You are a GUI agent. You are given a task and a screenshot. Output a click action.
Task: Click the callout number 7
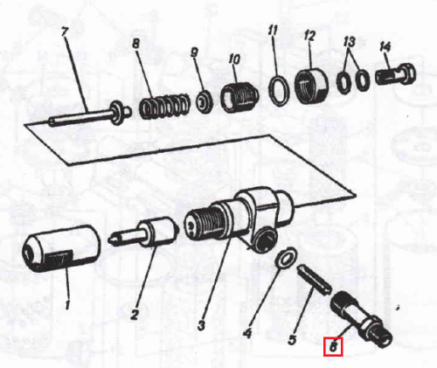[65, 31]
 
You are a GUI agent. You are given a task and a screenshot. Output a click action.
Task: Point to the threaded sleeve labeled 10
[239, 96]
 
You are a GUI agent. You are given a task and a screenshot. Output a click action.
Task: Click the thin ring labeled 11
[279, 90]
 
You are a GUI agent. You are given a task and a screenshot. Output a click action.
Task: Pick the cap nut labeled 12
[311, 84]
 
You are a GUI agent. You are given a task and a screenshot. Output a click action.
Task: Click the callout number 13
[350, 42]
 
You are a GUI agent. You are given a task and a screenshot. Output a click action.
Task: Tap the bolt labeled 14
[395, 73]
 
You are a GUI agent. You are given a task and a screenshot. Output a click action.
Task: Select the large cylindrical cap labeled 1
[61, 248]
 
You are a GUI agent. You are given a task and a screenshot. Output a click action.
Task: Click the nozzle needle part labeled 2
[143, 234]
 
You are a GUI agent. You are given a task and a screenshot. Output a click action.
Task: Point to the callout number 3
[201, 325]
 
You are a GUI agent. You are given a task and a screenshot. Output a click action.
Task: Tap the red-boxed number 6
[333, 347]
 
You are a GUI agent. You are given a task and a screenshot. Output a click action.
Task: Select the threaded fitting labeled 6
[361, 319]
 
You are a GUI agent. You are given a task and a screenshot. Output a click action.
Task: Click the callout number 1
[67, 305]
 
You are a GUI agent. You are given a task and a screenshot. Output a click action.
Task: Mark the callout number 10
[234, 59]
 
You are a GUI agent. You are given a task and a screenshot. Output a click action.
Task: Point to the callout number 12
[309, 36]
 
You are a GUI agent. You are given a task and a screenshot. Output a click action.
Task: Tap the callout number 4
[247, 333]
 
